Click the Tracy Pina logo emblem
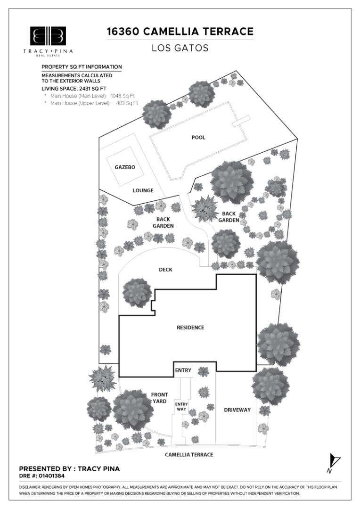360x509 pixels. coord(48,36)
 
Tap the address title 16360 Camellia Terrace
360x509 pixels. coord(180,32)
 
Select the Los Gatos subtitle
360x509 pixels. coord(180,48)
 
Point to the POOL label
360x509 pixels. coord(198,138)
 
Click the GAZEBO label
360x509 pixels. coord(125,167)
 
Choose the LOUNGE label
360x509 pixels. coord(143,190)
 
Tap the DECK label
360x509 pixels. coord(165,270)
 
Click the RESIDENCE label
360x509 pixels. coord(190,328)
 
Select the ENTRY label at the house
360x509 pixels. coord(183,370)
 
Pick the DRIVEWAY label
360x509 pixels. coord(237,410)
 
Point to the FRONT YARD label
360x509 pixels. coord(159,398)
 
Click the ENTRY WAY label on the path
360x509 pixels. coord(181,406)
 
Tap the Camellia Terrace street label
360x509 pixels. coord(189,454)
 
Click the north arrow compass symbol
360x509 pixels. coord(334,460)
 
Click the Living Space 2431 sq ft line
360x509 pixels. coord(74,88)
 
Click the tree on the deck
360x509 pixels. coord(137,292)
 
